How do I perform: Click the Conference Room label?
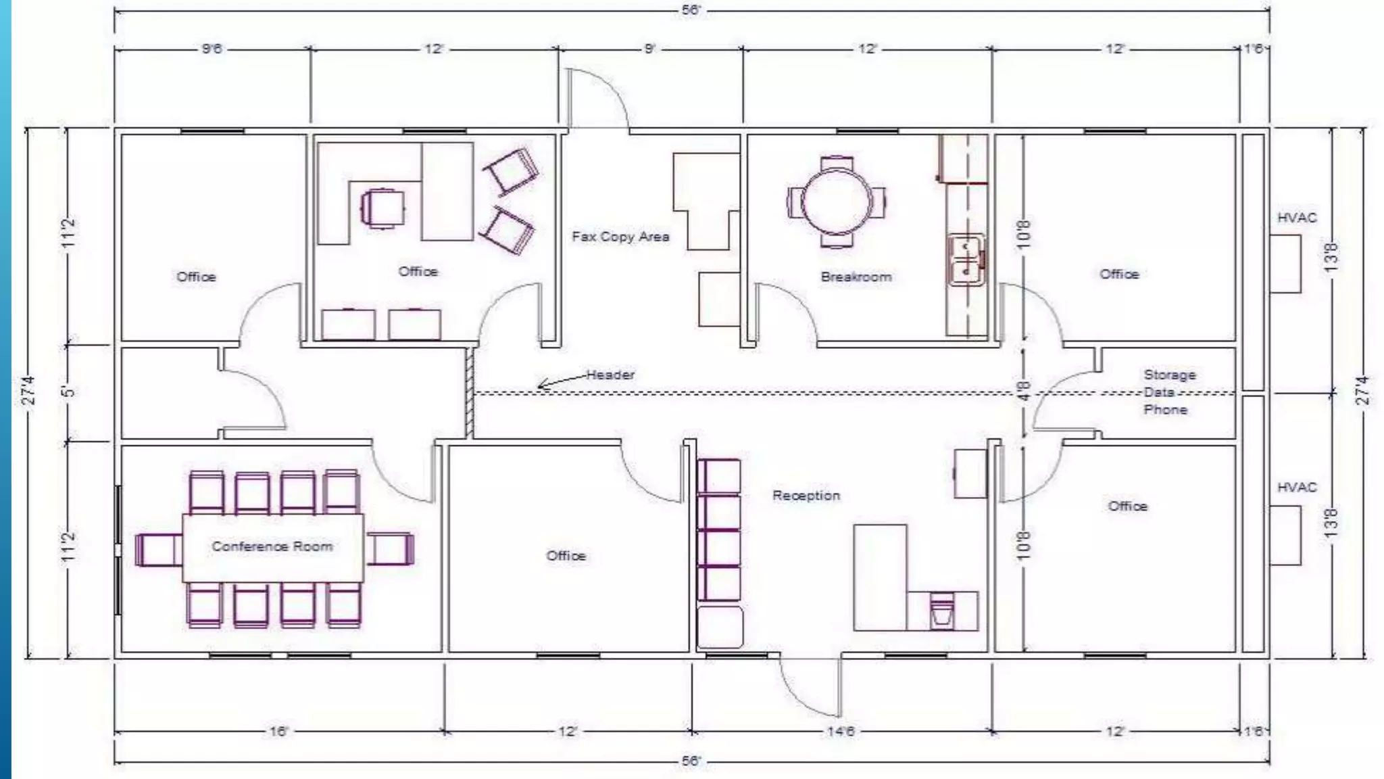coord(272,546)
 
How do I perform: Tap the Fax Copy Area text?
coord(620,237)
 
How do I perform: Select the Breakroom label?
coord(856,277)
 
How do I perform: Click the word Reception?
coord(806,496)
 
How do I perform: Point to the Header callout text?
coord(610,375)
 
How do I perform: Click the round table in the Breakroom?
coord(837,202)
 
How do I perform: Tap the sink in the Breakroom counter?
coord(966,260)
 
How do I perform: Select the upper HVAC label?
coord(1297,218)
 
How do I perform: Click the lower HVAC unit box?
coord(1285,535)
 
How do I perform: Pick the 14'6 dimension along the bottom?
coord(841,732)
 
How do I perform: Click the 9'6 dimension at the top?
coord(212,49)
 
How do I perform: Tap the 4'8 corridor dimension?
coord(1024,392)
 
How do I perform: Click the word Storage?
coord(1169,375)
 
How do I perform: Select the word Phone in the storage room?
coord(1165,410)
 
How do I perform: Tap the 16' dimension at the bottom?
coord(278,732)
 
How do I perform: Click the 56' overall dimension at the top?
coord(691,11)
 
